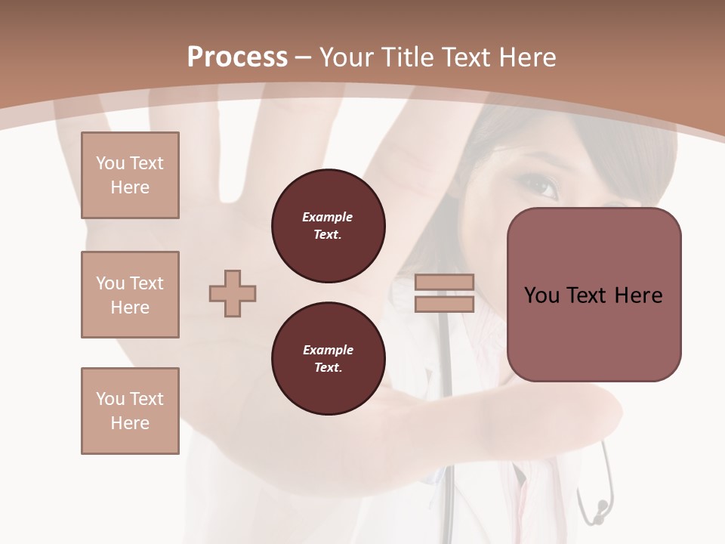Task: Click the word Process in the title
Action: [237, 57]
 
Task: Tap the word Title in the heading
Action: [408, 57]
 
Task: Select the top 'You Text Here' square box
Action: [130, 175]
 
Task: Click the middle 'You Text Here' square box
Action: [130, 295]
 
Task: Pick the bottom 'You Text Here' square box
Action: [130, 411]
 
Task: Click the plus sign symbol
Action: [233, 293]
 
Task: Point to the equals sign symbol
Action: [444, 293]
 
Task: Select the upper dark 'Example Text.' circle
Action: [329, 226]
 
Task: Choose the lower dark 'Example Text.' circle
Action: [329, 359]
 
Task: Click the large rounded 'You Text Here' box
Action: [594, 295]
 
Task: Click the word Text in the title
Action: [465, 57]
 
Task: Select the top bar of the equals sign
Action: [444, 283]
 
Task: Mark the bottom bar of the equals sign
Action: [444, 304]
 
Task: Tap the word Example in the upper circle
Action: [328, 217]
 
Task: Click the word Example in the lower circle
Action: [328, 350]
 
